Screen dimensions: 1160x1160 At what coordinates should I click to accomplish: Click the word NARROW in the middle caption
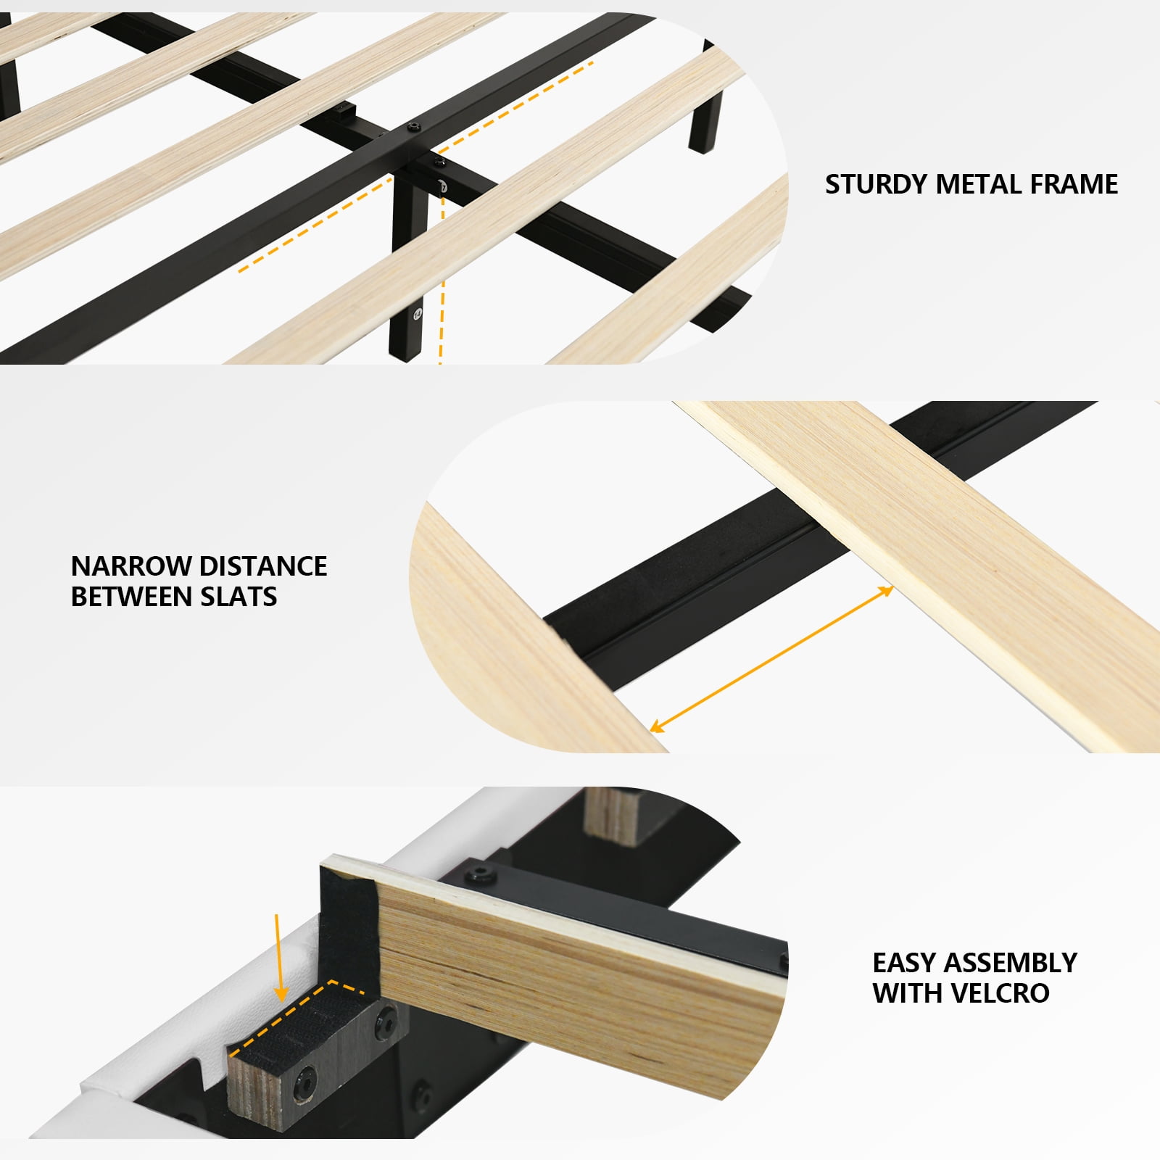click(130, 565)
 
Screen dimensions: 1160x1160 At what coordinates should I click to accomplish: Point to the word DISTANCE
click(262, 565)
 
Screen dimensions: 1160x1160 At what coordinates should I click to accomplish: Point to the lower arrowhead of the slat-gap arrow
click(655, 726)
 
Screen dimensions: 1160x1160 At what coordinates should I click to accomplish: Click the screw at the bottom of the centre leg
click(417, 313)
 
